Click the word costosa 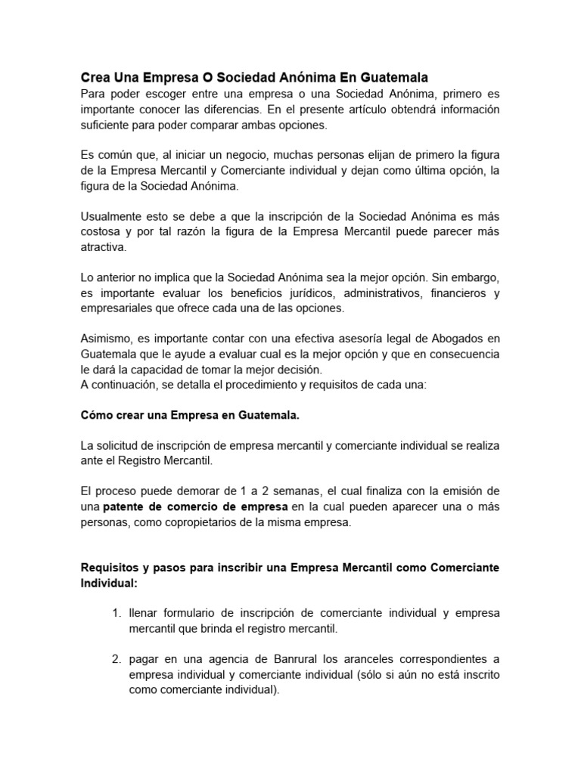102,231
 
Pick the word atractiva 104,246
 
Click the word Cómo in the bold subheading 96,415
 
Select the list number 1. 116,613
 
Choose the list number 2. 116,659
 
